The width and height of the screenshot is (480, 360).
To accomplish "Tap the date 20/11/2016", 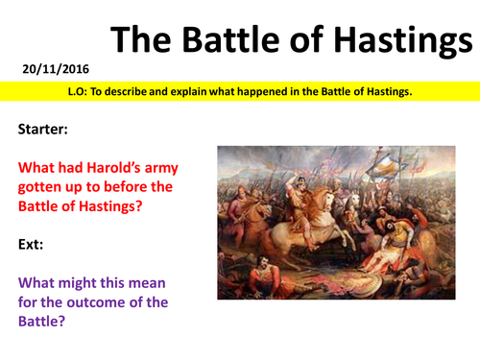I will [44, 69].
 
